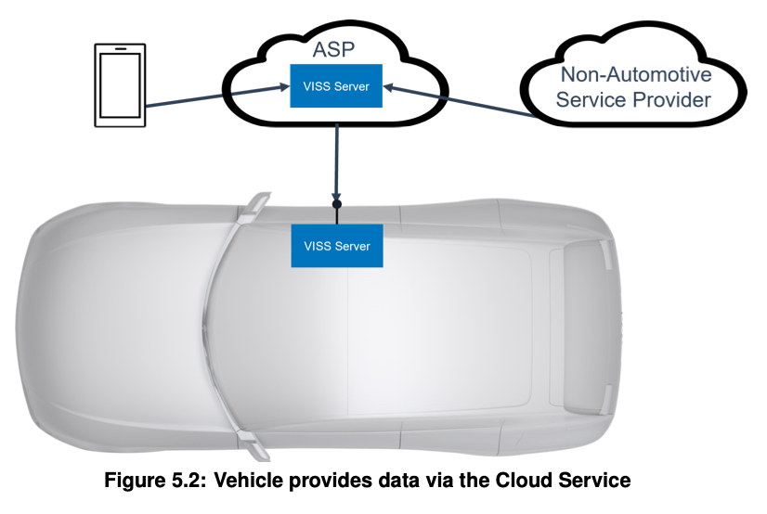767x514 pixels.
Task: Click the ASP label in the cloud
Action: point(333,49)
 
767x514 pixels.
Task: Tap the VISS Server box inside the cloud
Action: point(336,86)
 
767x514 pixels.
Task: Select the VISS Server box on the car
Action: point(337,246)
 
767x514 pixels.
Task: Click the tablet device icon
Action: point(120,85)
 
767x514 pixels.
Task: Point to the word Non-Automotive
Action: point(636,75)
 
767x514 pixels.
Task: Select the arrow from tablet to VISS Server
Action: point(217,96)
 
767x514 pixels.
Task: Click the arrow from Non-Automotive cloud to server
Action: point(460,102)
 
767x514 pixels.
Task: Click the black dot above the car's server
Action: point(336,204)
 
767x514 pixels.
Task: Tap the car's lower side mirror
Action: point(255,444)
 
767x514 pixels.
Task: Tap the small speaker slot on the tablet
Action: point(120,49)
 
